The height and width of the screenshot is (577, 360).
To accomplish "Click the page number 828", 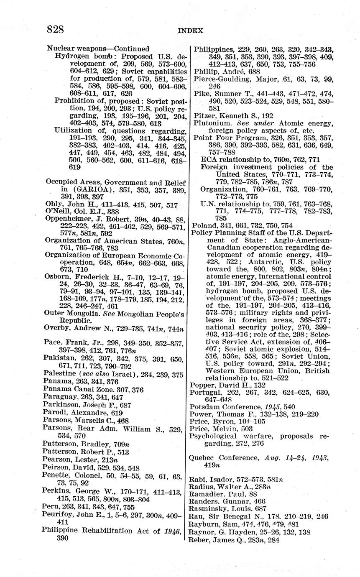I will click(x=55, y=29).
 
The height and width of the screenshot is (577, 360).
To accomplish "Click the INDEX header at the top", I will click(x=190, y=31).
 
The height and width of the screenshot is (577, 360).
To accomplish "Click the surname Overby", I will click(x=56, y=328).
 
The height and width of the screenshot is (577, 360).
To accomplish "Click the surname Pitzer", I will click(x=203, y=115).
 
